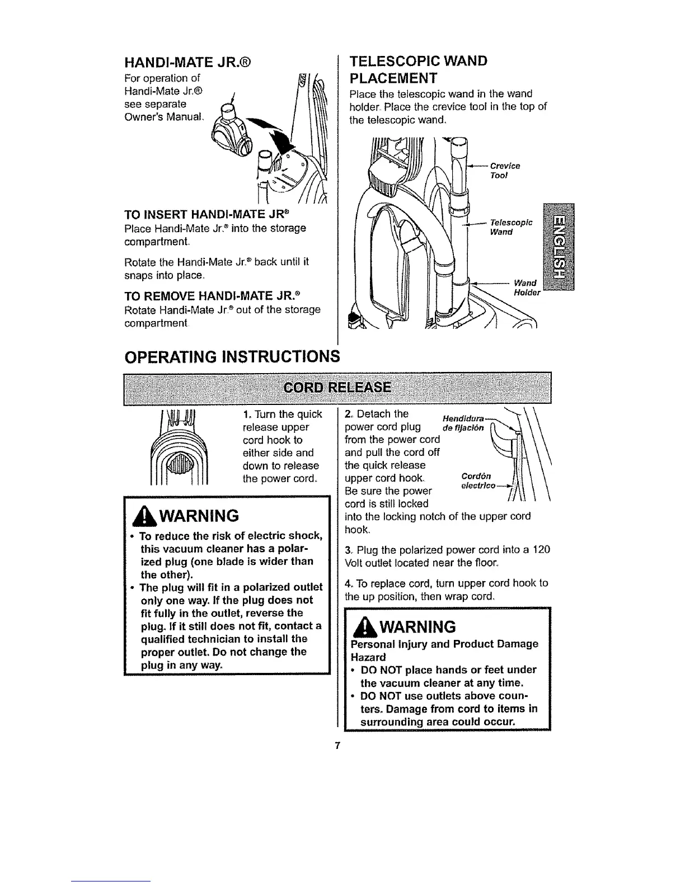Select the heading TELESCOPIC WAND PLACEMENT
(x=418, y=68)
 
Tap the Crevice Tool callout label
(x=505, y=169)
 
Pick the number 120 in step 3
(x=541, y=550)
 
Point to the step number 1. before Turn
(x=247, y=414)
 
